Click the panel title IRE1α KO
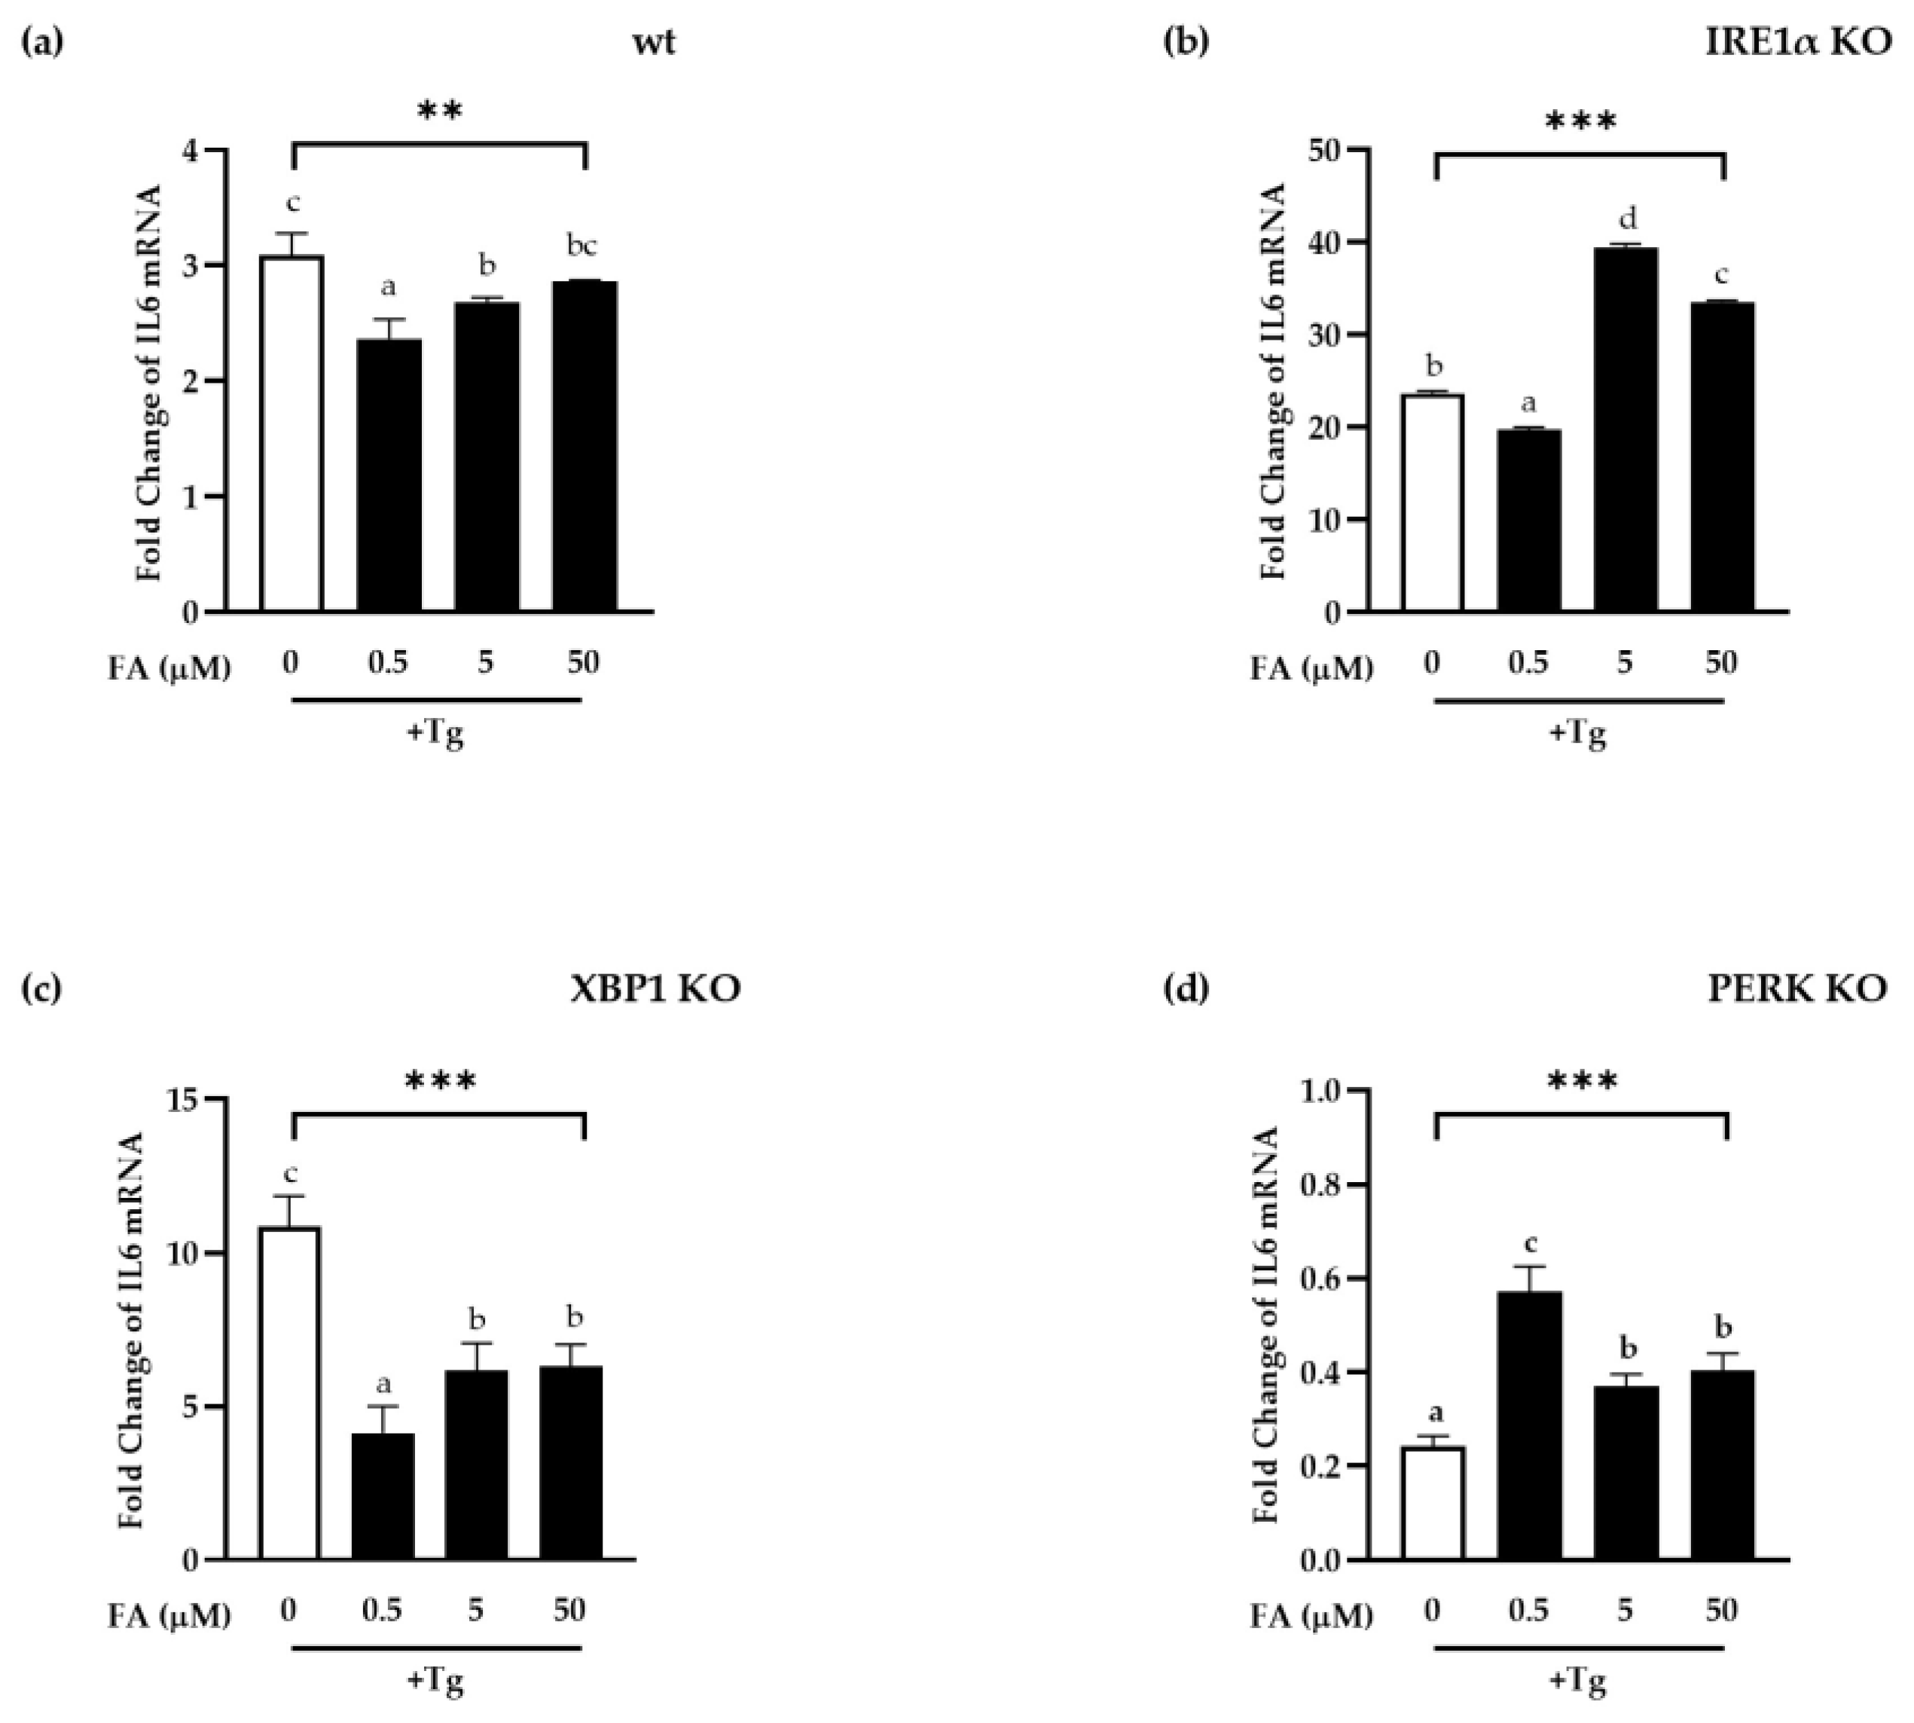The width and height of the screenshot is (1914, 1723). pyautogui.click(x=1797, y=43)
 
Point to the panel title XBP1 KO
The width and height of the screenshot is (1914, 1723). pyautogui.click(x=655, y=988)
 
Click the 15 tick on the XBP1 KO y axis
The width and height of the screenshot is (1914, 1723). pyautogui.click(x=185, y=1100)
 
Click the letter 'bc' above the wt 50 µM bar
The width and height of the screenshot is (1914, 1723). pyautogui.click(x=582, y=246)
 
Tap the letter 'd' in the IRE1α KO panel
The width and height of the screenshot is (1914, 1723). pyautogui.click(x=1627, y=220)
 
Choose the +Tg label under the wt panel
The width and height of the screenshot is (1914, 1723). pyautogui.click(x=435, y=732)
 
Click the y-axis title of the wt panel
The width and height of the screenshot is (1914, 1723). pyautogui.click(x=148, y=383)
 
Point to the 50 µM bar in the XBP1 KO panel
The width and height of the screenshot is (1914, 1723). pyautogui.click(x=571, y=1462)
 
